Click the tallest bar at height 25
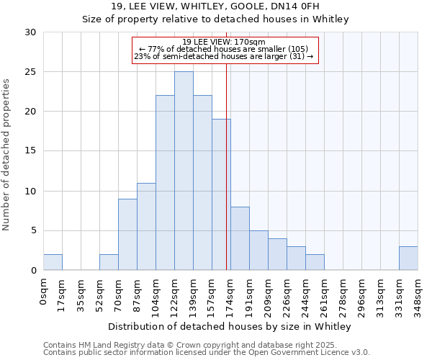[x=184, y=171]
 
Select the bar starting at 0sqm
[x=53, y=262]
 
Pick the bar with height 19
[x=221, y=194]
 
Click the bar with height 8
[x=240, y=238]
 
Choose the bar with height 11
[x=146, y=226]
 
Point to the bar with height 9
[x=127, y=234]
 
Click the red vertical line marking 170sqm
[x=227, y=166]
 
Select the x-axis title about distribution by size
[x=230, y=327]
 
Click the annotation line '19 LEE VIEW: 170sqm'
[x=224, y=42]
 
